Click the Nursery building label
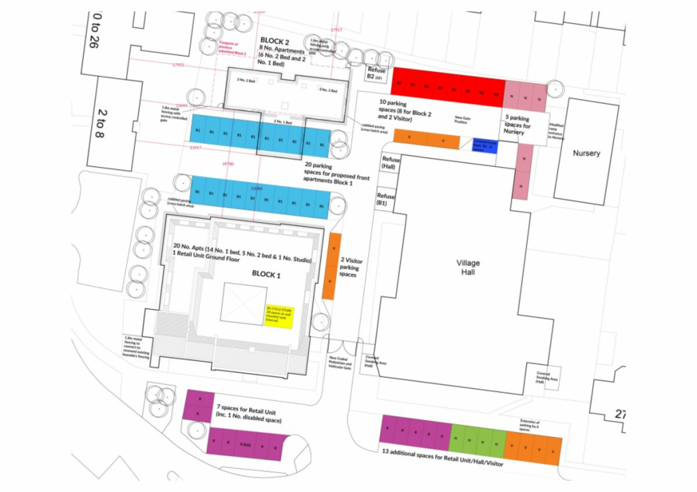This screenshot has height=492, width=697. (x=586, y=153)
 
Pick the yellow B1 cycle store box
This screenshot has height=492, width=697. (x=278, y=317)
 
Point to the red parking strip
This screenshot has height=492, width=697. (x=447, y=86)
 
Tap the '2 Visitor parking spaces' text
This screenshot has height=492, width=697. (x=351, y=267)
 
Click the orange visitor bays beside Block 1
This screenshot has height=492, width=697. (x=331, y=266)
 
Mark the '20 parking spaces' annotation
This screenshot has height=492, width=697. (x=338, y=175)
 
